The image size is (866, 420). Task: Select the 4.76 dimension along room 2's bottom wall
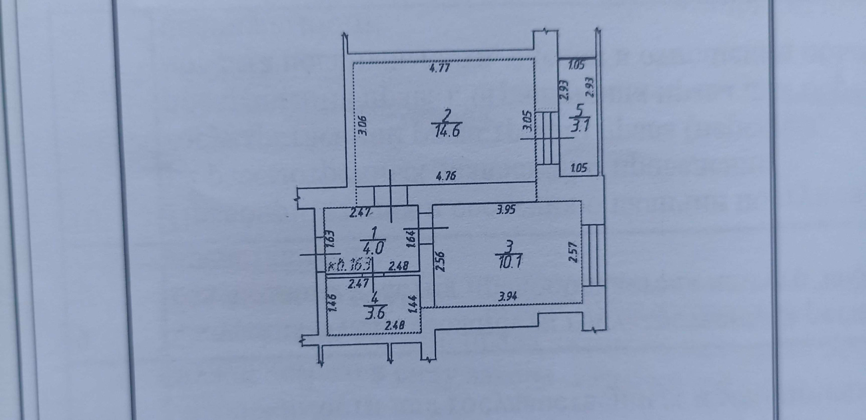click(x=446, y=176)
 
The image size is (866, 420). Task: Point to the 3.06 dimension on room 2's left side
click(x=364, y=126)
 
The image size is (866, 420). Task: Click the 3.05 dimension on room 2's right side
click(x=526, y=121)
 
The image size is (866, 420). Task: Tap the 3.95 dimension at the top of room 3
click(x=506, y=210)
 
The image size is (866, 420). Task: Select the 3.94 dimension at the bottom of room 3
click(x=507, y=296)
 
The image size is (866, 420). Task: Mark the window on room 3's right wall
click(x=593, y=255)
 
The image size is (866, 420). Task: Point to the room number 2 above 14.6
click(x=447, y=116)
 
